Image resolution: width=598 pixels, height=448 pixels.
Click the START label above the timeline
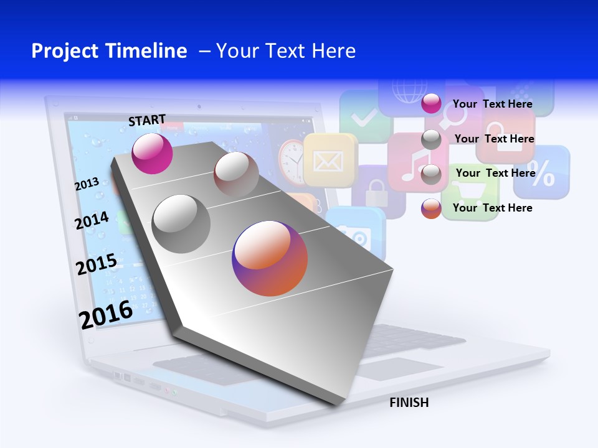(147, 120)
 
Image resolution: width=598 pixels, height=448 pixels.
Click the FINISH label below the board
(409, 403)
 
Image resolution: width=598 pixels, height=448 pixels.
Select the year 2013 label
(87, 184)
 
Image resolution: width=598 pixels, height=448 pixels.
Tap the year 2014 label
(92, 220)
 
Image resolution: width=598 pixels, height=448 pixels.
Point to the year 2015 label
(96, 264)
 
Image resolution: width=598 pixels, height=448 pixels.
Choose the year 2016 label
(106, 314)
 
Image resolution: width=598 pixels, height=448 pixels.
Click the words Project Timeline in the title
(109, 51)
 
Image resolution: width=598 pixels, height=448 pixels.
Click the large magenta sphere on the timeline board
(152, 153)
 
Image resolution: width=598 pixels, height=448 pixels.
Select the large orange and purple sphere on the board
(270, 258)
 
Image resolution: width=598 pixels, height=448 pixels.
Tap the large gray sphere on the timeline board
(181, 223)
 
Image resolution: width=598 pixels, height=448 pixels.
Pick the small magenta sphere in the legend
(431, 104)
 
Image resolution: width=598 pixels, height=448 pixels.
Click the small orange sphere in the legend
(431, 208)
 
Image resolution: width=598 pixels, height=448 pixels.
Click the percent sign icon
(542, 174)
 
